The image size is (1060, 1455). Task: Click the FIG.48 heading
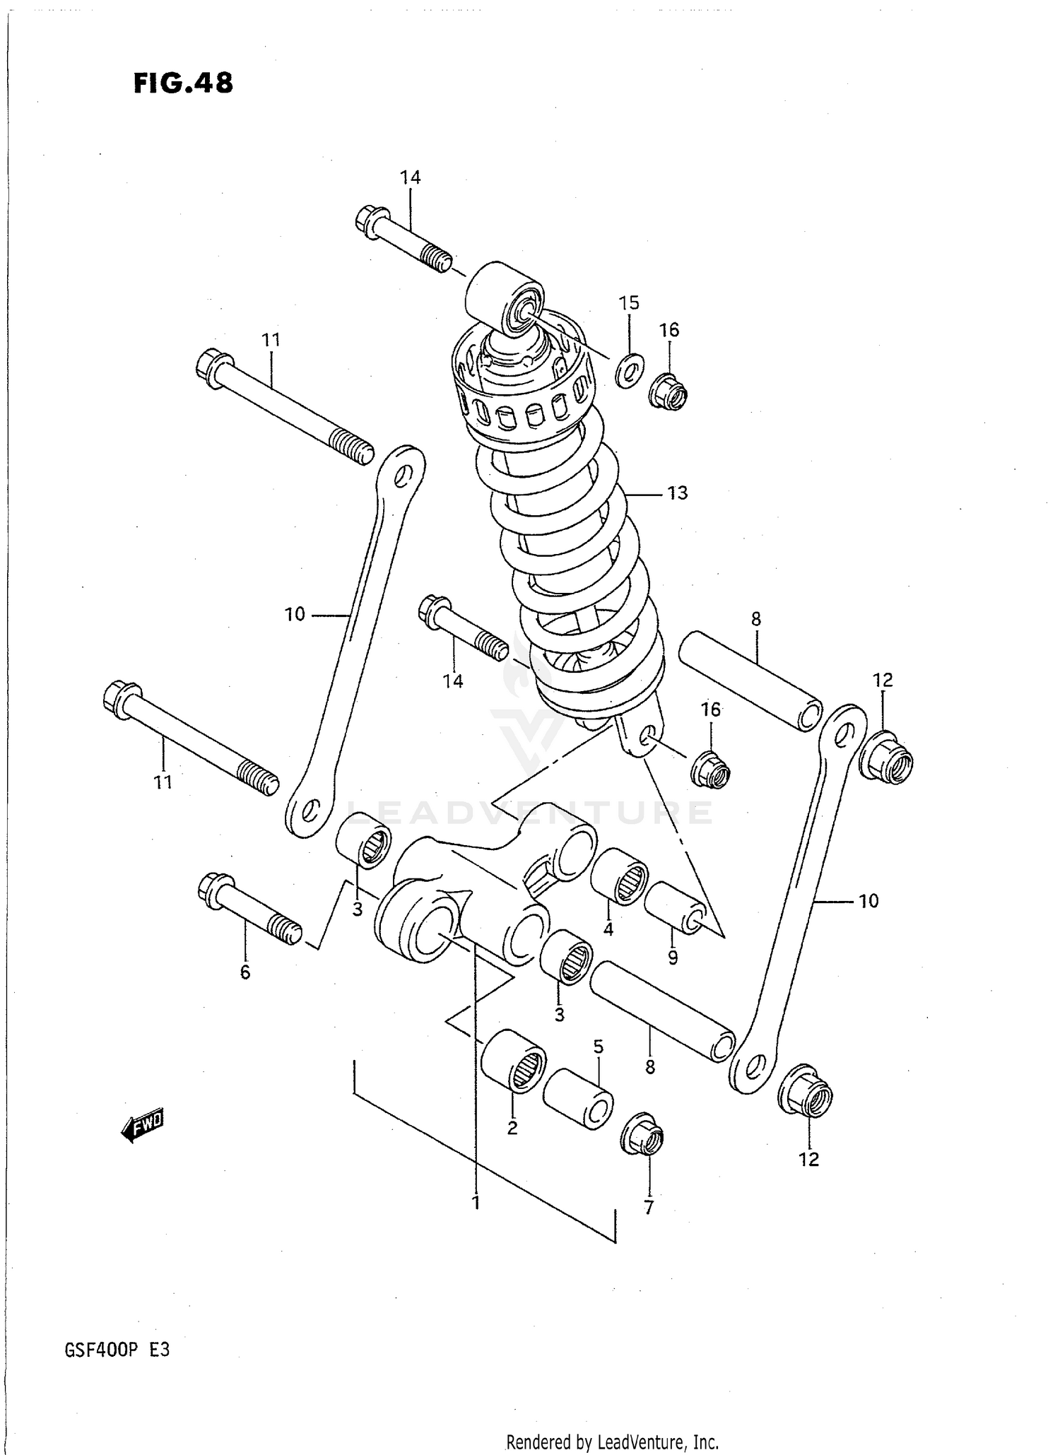183,83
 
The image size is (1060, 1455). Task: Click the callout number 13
677,493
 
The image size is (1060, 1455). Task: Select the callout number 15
628,303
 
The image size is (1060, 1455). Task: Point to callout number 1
476,1201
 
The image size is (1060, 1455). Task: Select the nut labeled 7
642,1138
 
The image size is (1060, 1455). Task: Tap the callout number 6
245,972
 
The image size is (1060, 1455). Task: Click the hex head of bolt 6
211,888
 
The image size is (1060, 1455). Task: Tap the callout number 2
512,1129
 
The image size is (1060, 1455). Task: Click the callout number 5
598,1047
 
